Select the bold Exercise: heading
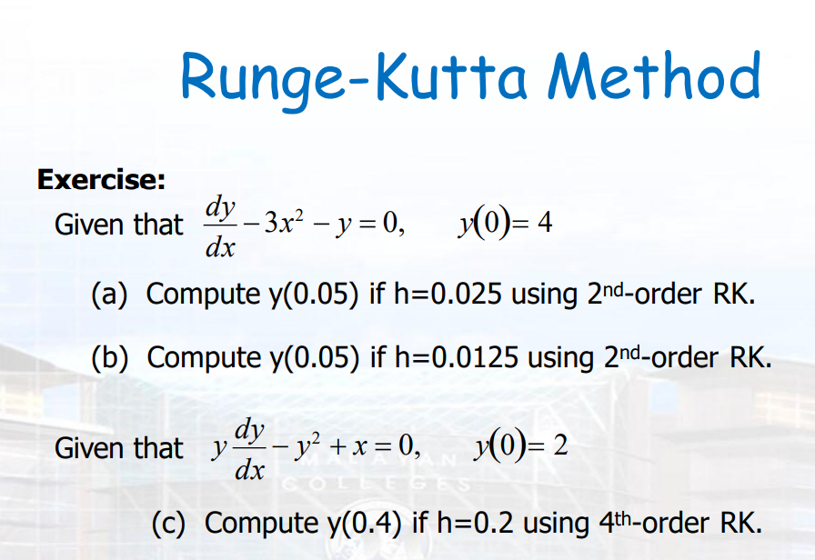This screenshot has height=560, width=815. pos(100,179)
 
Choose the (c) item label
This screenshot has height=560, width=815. pos(170,523)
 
